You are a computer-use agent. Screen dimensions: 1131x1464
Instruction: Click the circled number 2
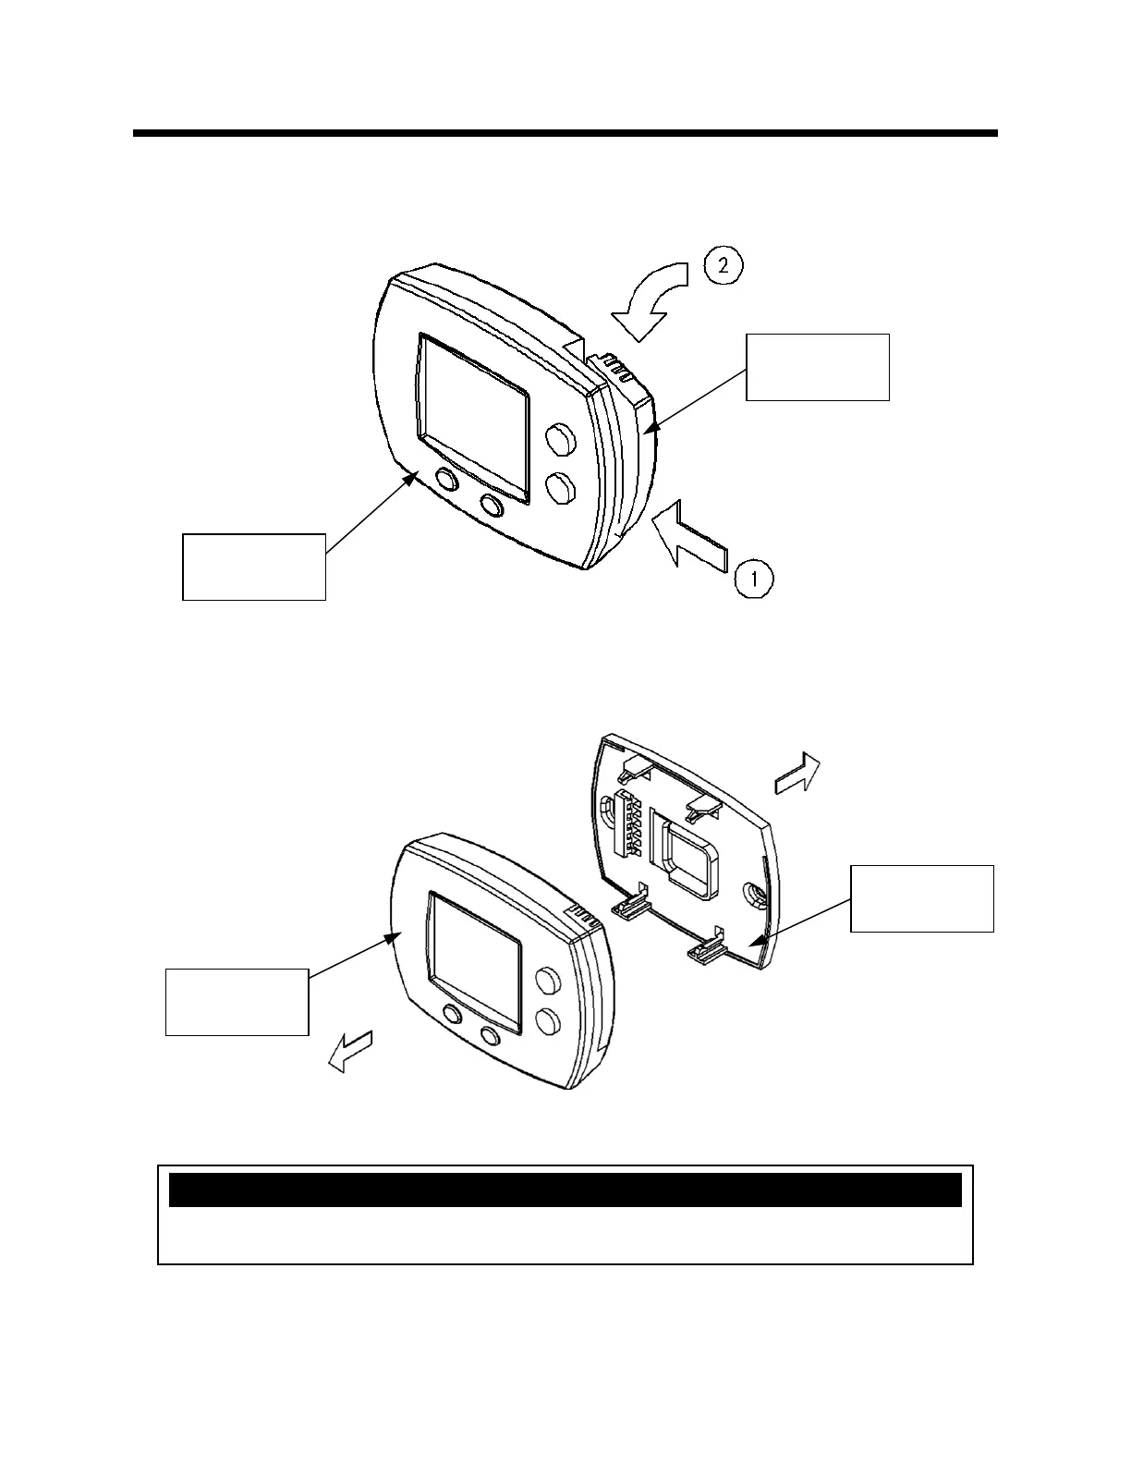pyautogui.click(x=724, y=266)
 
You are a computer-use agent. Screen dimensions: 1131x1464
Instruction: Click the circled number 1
pyautogui.click(x=754, y=580)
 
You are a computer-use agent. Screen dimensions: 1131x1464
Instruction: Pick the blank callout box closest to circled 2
pyautogui.click(x=817, y=367)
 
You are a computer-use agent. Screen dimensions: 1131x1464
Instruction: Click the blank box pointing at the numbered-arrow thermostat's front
pyautogui.click(x=254, y=567)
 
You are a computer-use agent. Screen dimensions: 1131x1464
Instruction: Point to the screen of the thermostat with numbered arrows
pyautogui.click(x=474, y=418)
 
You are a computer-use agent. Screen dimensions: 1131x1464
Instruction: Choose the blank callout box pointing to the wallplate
pyautogui.click(x=921, y=898)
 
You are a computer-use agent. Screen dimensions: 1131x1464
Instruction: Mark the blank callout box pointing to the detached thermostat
pyautogui.click(x=237, y=1002)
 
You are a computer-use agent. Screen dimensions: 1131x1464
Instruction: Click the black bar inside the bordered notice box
pyautogui.click(x=565, y=1190)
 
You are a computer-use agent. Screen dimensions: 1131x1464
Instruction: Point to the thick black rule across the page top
pyautogui.click(x=565, y=134)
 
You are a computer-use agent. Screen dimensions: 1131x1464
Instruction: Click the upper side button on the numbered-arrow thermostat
pyautogui.click(x=557, y=441)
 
